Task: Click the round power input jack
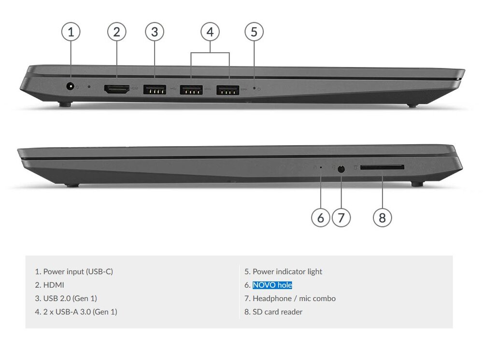[x=71, y=86]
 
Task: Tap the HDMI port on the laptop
[x=117, y=89]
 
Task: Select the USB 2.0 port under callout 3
[x=155, y=89]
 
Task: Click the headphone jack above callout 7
[x=341, y=169]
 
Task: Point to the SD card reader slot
[x=382, y=167]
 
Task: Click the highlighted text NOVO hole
[x=272, y=285]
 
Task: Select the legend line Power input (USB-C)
[x=74, y=271]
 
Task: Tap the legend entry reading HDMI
[x=50, y=285]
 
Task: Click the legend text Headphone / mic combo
[x=290, y=299]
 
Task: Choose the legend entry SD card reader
[x=273, y=312]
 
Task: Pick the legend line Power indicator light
[x=284, y=271]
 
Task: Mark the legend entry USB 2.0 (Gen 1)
[x=66, y=299]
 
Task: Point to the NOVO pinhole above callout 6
[x=321, y=167]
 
